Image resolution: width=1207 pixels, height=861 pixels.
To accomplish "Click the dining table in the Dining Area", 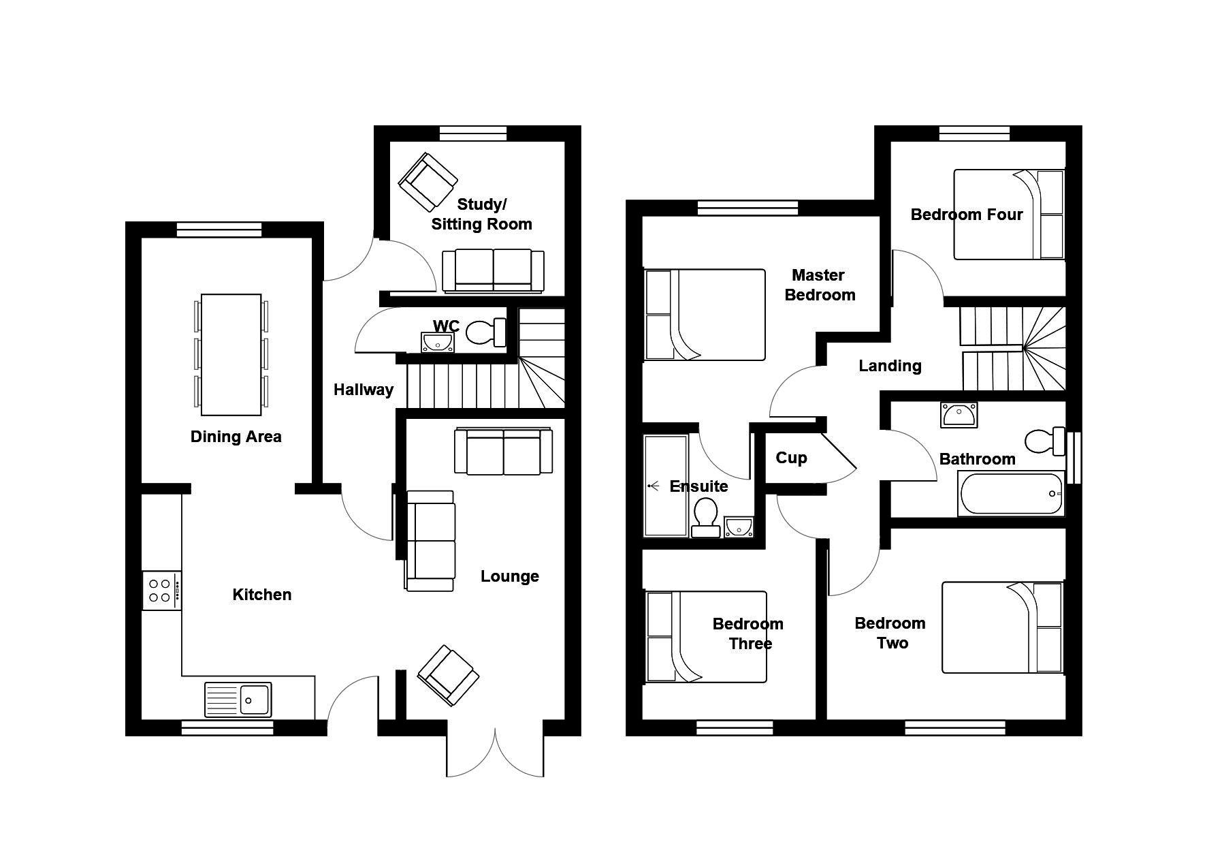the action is (231, 354).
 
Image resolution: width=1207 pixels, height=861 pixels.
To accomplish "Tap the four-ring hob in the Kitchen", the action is (162, 591).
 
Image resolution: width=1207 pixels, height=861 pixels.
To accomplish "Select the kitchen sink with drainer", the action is (238, 700).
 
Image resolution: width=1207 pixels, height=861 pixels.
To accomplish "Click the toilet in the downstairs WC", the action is (485, 332).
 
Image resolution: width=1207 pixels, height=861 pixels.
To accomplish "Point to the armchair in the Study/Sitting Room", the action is (428, 182).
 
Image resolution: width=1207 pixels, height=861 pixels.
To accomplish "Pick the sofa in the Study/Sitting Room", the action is (494, 271).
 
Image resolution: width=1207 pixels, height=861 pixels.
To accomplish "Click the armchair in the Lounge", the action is (448, 675).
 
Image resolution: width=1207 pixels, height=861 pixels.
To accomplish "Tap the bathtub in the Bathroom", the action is (1011, 494).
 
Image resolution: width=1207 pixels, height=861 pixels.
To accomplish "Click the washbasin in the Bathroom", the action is (959, 415).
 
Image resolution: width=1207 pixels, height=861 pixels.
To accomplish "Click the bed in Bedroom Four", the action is (1009, 215).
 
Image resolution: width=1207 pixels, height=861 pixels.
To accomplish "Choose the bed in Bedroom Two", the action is (1002, 627).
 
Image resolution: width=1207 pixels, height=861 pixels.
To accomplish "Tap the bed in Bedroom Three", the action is (706, 637).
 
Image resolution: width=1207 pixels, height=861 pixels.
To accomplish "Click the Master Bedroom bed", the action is (705, 315).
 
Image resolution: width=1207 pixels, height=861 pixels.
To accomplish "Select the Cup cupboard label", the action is (791, 458).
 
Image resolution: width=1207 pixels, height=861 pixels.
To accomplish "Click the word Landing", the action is (890, 366).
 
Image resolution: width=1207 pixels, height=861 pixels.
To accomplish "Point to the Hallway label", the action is (364, 390).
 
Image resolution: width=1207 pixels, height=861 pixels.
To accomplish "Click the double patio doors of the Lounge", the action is (495, 753).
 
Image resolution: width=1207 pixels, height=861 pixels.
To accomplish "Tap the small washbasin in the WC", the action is (437, 342).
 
